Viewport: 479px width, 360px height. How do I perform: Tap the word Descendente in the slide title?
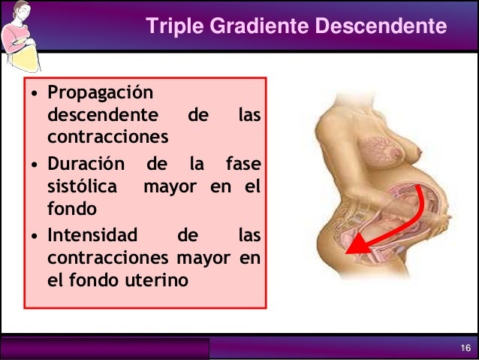coord(379,27)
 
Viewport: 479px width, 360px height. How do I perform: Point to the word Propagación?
coord(98,95)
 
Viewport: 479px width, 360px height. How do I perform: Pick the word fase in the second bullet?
coord(243,164)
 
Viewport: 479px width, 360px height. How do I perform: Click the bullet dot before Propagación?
coord(35,96)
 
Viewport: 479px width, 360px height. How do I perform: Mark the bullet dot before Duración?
coord(35,165)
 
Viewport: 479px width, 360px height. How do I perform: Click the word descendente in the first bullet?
coord(103,117)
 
